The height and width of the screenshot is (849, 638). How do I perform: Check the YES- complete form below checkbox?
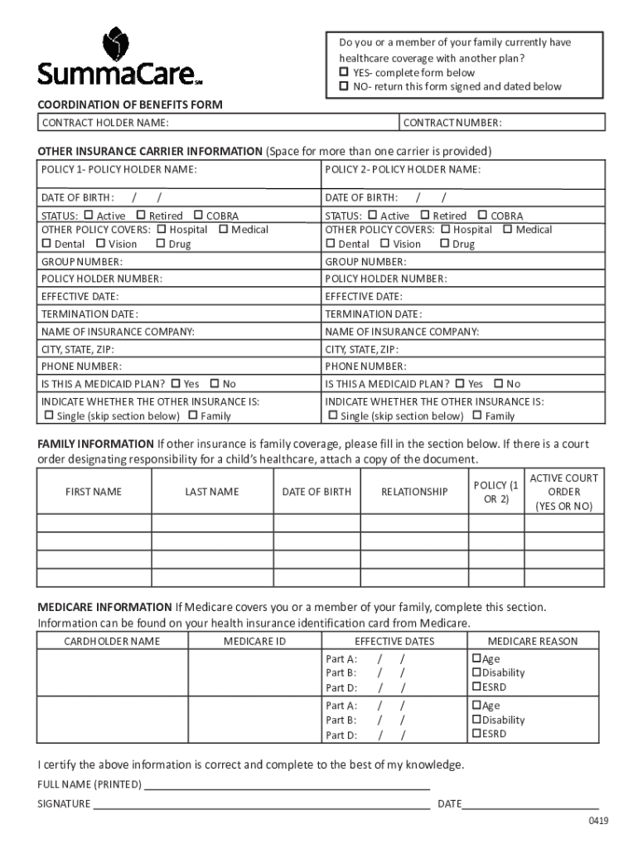point(344,73)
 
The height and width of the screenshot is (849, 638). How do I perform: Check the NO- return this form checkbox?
point(344,86)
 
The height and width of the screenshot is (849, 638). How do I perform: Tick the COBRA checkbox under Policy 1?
point(198,216)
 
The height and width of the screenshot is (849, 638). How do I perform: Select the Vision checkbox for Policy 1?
point(100,244)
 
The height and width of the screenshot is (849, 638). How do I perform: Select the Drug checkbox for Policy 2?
point(444,244)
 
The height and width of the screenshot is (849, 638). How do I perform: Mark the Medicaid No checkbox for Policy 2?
point(498,384)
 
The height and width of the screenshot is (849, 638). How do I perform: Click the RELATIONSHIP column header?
point(414,492)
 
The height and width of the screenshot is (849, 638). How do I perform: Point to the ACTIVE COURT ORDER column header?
point(563,492)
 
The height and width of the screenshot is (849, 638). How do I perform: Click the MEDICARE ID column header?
point(254,641)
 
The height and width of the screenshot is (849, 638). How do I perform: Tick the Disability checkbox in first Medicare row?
point(476,672)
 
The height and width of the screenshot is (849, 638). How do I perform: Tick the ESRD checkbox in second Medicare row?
point(476,734)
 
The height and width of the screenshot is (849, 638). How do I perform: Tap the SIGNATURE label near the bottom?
point(64,804)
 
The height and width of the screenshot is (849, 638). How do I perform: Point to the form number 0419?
point(598,822)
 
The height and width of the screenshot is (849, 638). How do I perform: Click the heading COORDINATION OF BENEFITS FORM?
point(130,105)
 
